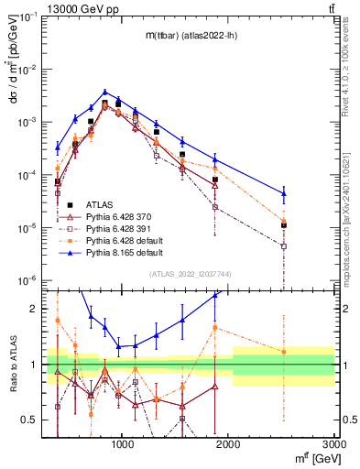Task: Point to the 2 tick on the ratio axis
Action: pos(38,309)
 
